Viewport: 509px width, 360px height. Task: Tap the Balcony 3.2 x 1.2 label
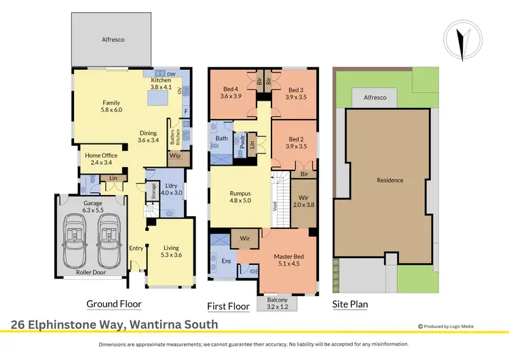(x=276, y=303)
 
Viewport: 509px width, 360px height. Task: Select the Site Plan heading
(x=350, y=304)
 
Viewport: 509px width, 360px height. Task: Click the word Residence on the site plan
(x=390, y=180)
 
